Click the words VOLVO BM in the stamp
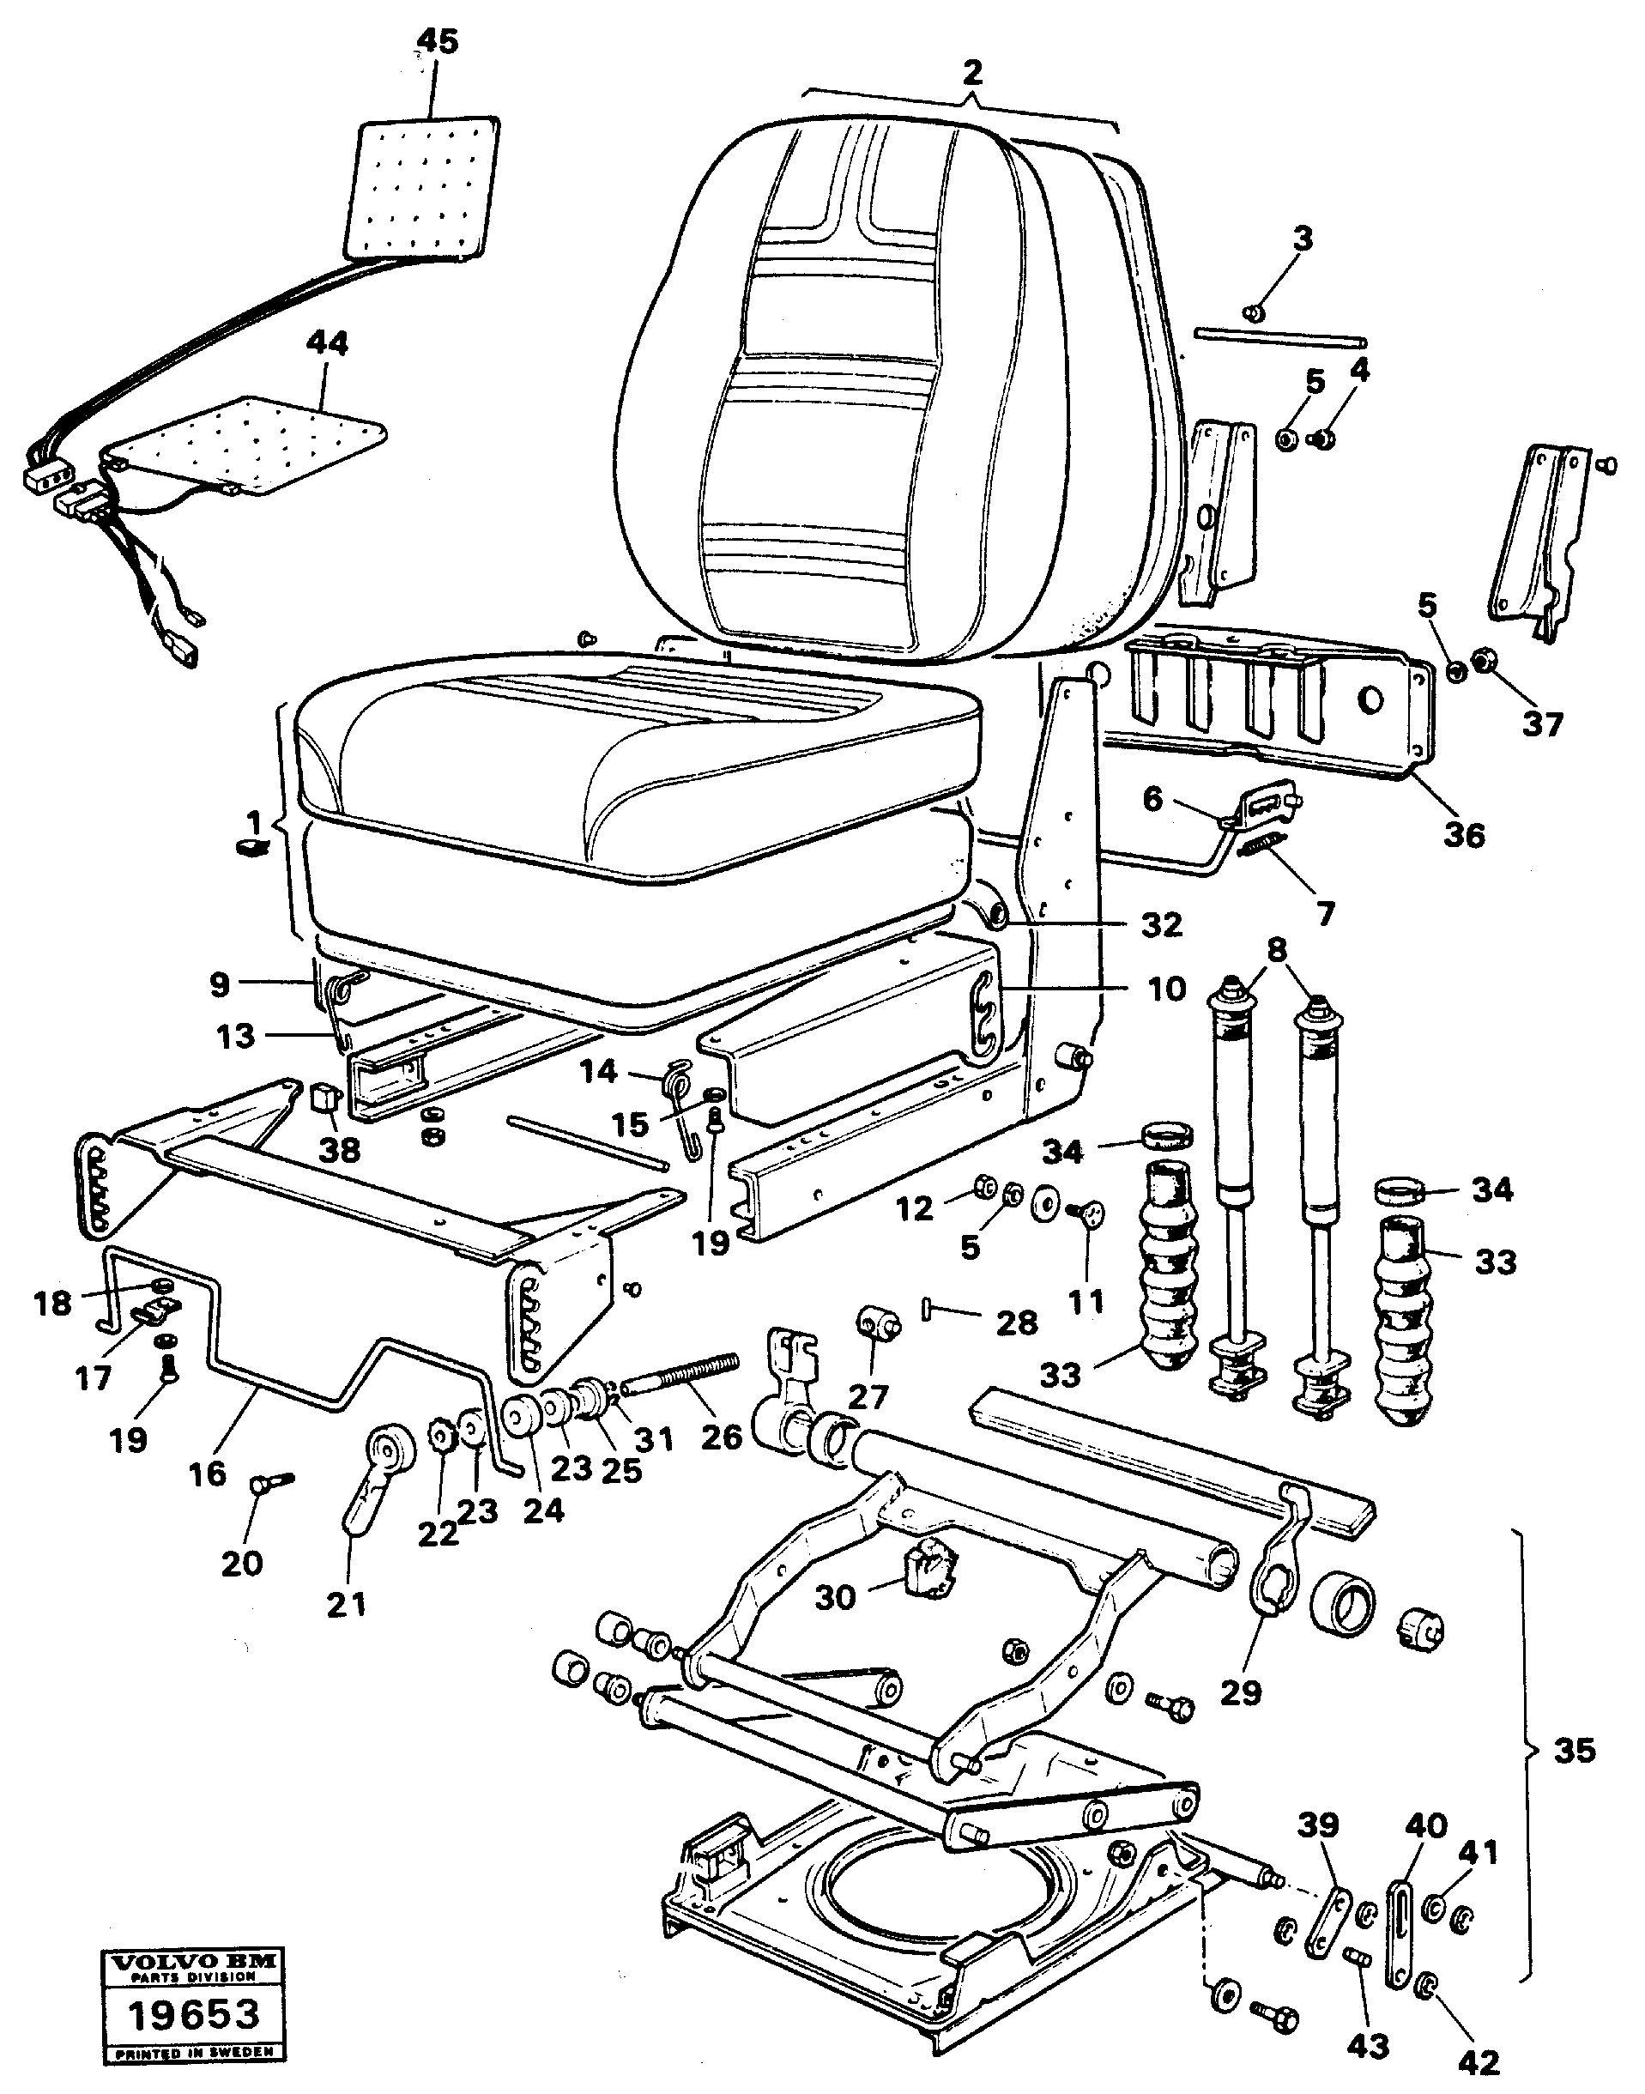[195, 1960]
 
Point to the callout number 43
[1368, 2038]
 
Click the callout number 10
[1167, 989]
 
